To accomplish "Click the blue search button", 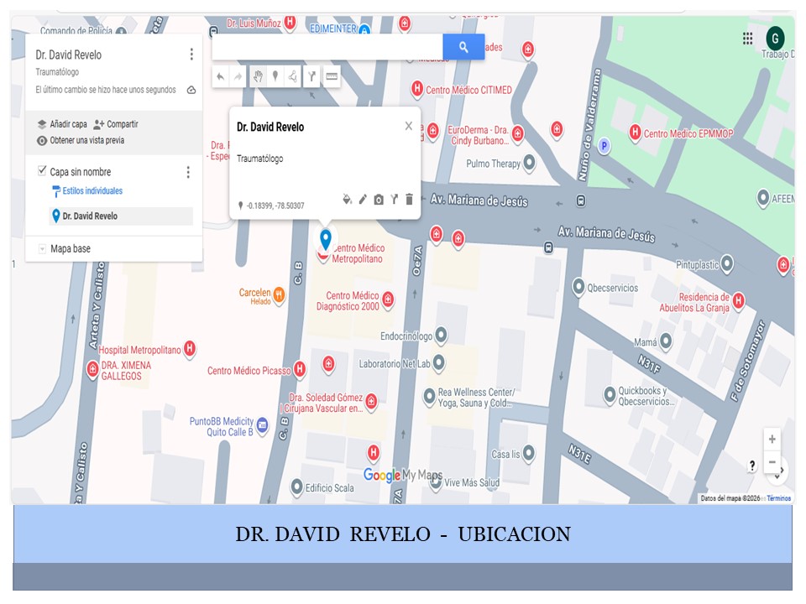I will pos(463,47).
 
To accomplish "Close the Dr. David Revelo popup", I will pos(409,126).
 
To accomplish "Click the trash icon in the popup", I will pos(410,200).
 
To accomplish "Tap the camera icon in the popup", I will pos(379,200).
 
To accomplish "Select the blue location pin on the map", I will pos(326,238).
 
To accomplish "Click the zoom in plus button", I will pos(772,440).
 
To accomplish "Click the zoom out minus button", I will pos(772,462).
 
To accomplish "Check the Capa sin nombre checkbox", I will pos(42,171).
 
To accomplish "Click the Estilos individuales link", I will pos(92,191).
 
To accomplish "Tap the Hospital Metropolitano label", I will pos(139,350).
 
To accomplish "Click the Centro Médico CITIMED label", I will pos(468,90).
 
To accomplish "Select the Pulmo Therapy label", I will pos(494,164).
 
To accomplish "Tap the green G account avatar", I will pos(776,37).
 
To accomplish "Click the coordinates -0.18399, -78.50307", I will pos(275,206).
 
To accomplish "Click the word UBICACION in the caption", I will pos(514,534).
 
